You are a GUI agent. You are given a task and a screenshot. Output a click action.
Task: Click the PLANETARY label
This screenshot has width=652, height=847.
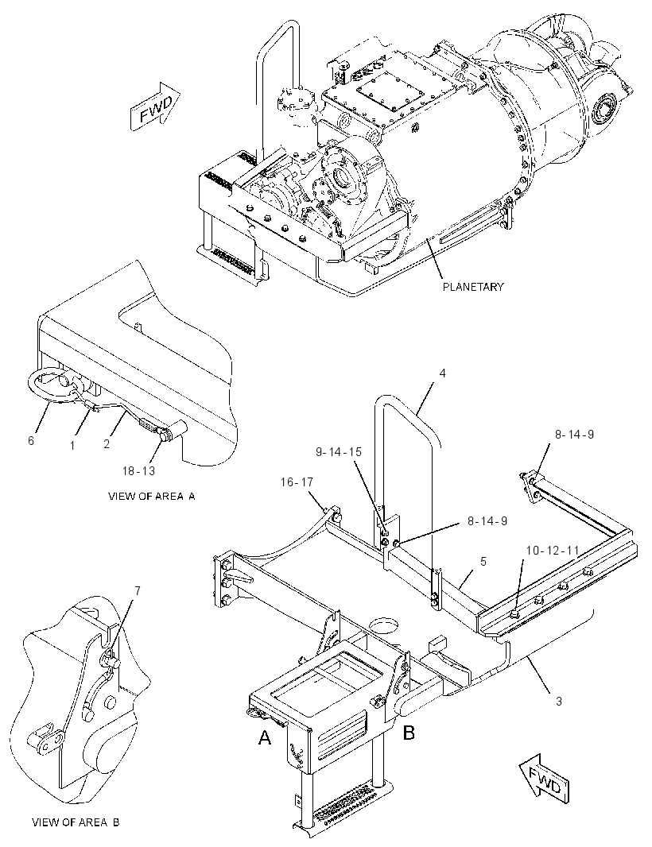(473, 287)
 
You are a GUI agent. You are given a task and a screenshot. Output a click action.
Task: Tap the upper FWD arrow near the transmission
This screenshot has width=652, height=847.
(155, 106)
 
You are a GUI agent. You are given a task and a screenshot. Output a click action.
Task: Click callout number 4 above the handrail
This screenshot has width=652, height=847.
(442, 373)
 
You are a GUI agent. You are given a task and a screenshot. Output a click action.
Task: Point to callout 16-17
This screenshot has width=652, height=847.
(297, 482)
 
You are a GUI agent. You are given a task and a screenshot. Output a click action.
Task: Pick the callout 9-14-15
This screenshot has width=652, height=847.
(339, 451)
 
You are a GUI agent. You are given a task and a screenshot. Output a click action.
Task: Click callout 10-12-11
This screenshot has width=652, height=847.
(552, 550)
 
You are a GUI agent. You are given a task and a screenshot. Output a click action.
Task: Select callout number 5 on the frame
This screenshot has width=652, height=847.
(483, 561)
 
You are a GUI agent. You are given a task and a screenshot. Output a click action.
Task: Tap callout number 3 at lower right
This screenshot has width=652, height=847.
(558, 701)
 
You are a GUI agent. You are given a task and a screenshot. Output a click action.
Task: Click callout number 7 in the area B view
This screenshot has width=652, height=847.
(138, 591)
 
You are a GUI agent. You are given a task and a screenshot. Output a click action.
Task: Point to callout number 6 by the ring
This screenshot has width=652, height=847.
(31, 441)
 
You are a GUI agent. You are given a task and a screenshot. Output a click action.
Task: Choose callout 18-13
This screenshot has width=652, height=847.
(138, 471)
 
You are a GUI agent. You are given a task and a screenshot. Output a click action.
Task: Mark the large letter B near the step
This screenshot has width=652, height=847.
(409, 733)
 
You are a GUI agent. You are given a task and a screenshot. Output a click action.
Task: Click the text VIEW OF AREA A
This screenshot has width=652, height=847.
(151, 497)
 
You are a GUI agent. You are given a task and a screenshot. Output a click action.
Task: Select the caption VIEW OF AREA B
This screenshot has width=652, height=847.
(76, 822)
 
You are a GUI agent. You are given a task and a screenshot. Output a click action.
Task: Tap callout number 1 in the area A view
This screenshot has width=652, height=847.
(72, 446)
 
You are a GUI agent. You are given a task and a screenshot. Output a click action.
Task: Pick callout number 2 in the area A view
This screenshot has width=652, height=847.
(107, 444)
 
